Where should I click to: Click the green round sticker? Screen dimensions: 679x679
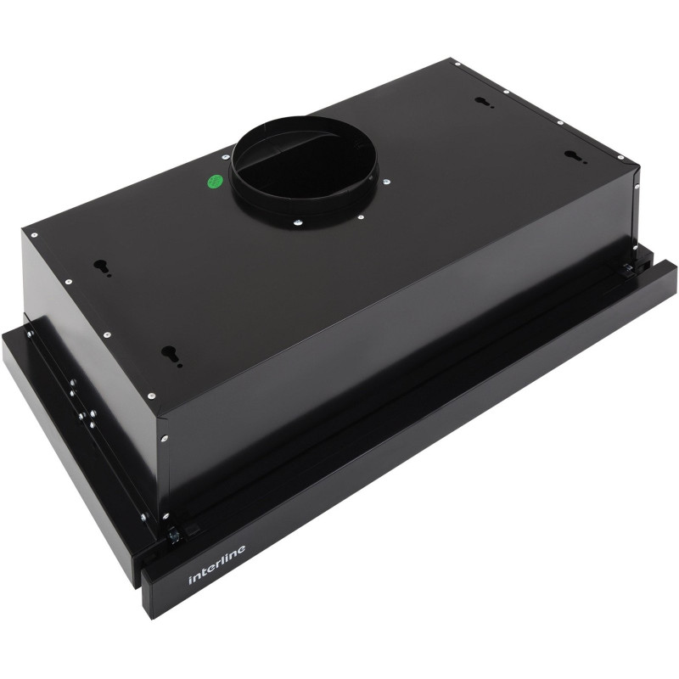click(216, 181)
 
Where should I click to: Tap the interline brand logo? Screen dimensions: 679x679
click(217, 564)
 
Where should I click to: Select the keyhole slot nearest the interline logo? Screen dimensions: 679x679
click(171, 354)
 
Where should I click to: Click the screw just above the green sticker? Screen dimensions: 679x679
click(225, 158)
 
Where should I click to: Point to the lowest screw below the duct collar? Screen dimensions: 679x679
click(297, 223)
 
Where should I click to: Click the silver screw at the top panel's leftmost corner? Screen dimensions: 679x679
click(34, 235)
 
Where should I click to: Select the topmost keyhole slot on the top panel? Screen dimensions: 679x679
click(482, 101)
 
